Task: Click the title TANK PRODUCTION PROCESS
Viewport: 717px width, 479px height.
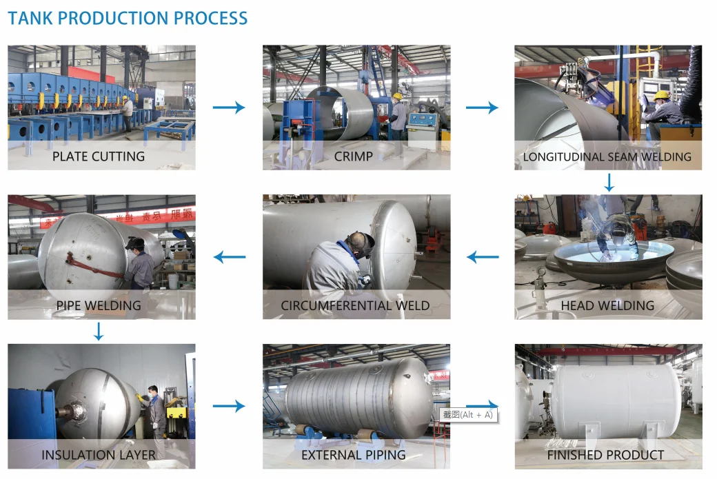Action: [x=128, y=19]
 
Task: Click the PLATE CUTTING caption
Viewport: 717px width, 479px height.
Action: [x=99, y=156]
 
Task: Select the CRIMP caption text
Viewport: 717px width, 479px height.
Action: [x=354, y=156]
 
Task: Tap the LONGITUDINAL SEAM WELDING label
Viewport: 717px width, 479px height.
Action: [x=607, y=156]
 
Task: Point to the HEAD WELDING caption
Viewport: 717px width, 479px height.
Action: [x=607, y=305]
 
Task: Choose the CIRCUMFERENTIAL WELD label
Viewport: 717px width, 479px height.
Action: [x=355, y=305]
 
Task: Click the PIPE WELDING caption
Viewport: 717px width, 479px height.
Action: [x=99, y=305]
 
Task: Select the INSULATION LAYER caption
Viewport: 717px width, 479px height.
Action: [x=99, y=455]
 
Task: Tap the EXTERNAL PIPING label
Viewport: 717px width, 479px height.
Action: [x=354, y=455]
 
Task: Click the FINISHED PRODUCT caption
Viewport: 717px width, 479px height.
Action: [x=605, y=455]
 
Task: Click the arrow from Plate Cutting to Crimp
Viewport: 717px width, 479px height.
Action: [x=229, y=108]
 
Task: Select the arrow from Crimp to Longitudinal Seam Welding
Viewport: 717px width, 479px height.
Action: [x=482, y=108]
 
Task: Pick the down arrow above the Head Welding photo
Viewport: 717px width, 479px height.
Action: [x=608, y=183]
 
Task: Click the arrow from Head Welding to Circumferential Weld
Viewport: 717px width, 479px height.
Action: [x=482, y=258]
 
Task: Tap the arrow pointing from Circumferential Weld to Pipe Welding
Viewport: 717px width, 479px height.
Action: [x=229, y=258]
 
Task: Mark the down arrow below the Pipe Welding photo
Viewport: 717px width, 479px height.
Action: [x=99, y=332]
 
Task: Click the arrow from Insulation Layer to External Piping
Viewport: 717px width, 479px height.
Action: [x=229, y=406]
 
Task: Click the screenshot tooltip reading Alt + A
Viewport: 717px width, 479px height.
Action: [x=468, y=415]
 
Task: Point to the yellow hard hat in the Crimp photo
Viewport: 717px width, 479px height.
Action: [x=397, y=96]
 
